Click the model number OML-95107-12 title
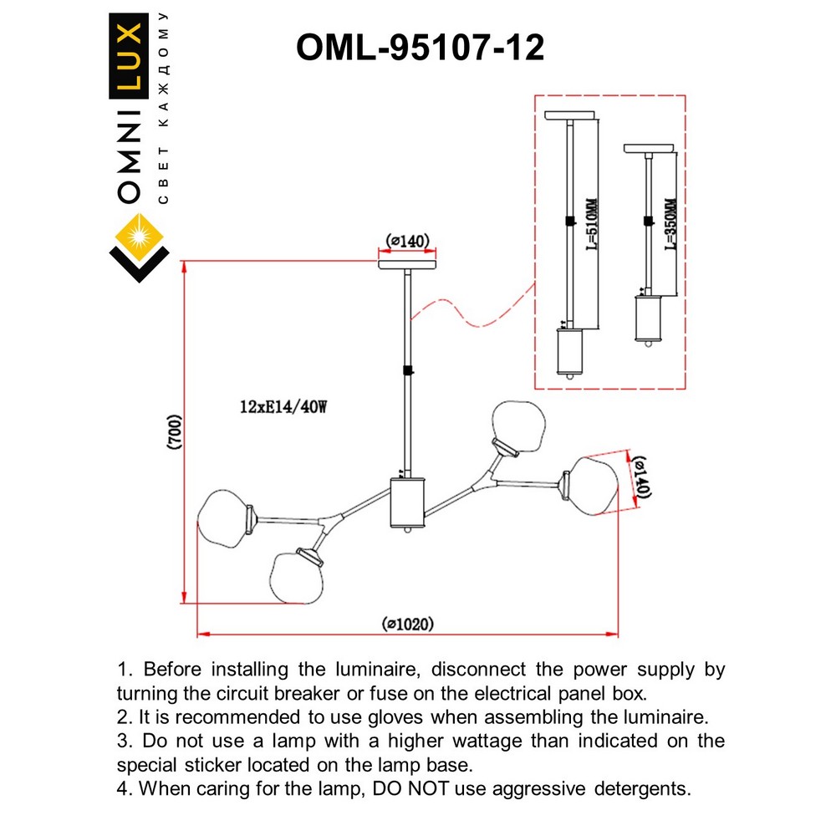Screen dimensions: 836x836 click(x=420, y=48)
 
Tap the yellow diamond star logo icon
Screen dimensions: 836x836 click(x=140, y=236)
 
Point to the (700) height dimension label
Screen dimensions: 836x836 click(x=173, y=432)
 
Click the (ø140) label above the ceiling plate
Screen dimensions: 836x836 click(x=407, y=242)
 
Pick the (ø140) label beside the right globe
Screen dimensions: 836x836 click(x=639, y=478)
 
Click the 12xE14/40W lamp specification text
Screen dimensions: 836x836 click(x=282, y=408)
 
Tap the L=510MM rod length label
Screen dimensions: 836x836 click(x=590, y=223)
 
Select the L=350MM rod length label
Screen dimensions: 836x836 click(x=669, y=224)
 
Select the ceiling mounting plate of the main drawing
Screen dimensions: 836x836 click(x=407, y=264)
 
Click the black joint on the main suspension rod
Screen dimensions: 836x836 click(x=407, y=371)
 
